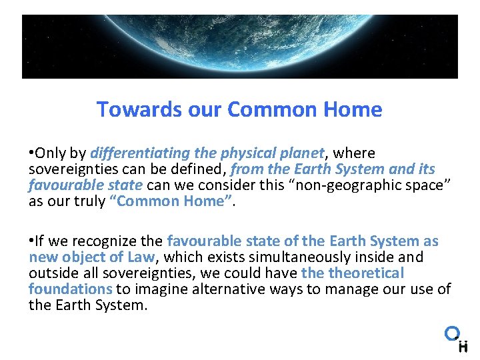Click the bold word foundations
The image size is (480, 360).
[70, 289]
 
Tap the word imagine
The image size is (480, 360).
[161, 289]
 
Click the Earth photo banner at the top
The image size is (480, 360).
[240, 47]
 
